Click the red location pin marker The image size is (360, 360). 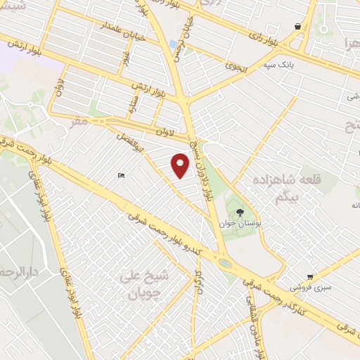[x=181, y=166]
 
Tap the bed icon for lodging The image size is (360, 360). [x=122, y=175]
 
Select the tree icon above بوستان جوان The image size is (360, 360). [x=240, y=211]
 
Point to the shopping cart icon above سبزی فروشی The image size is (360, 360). [x=310, y=277]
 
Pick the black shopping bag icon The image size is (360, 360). [x=298, y=26]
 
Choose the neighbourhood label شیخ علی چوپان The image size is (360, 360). [x=145, y=283]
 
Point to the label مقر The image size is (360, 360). [x=79, y=122]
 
